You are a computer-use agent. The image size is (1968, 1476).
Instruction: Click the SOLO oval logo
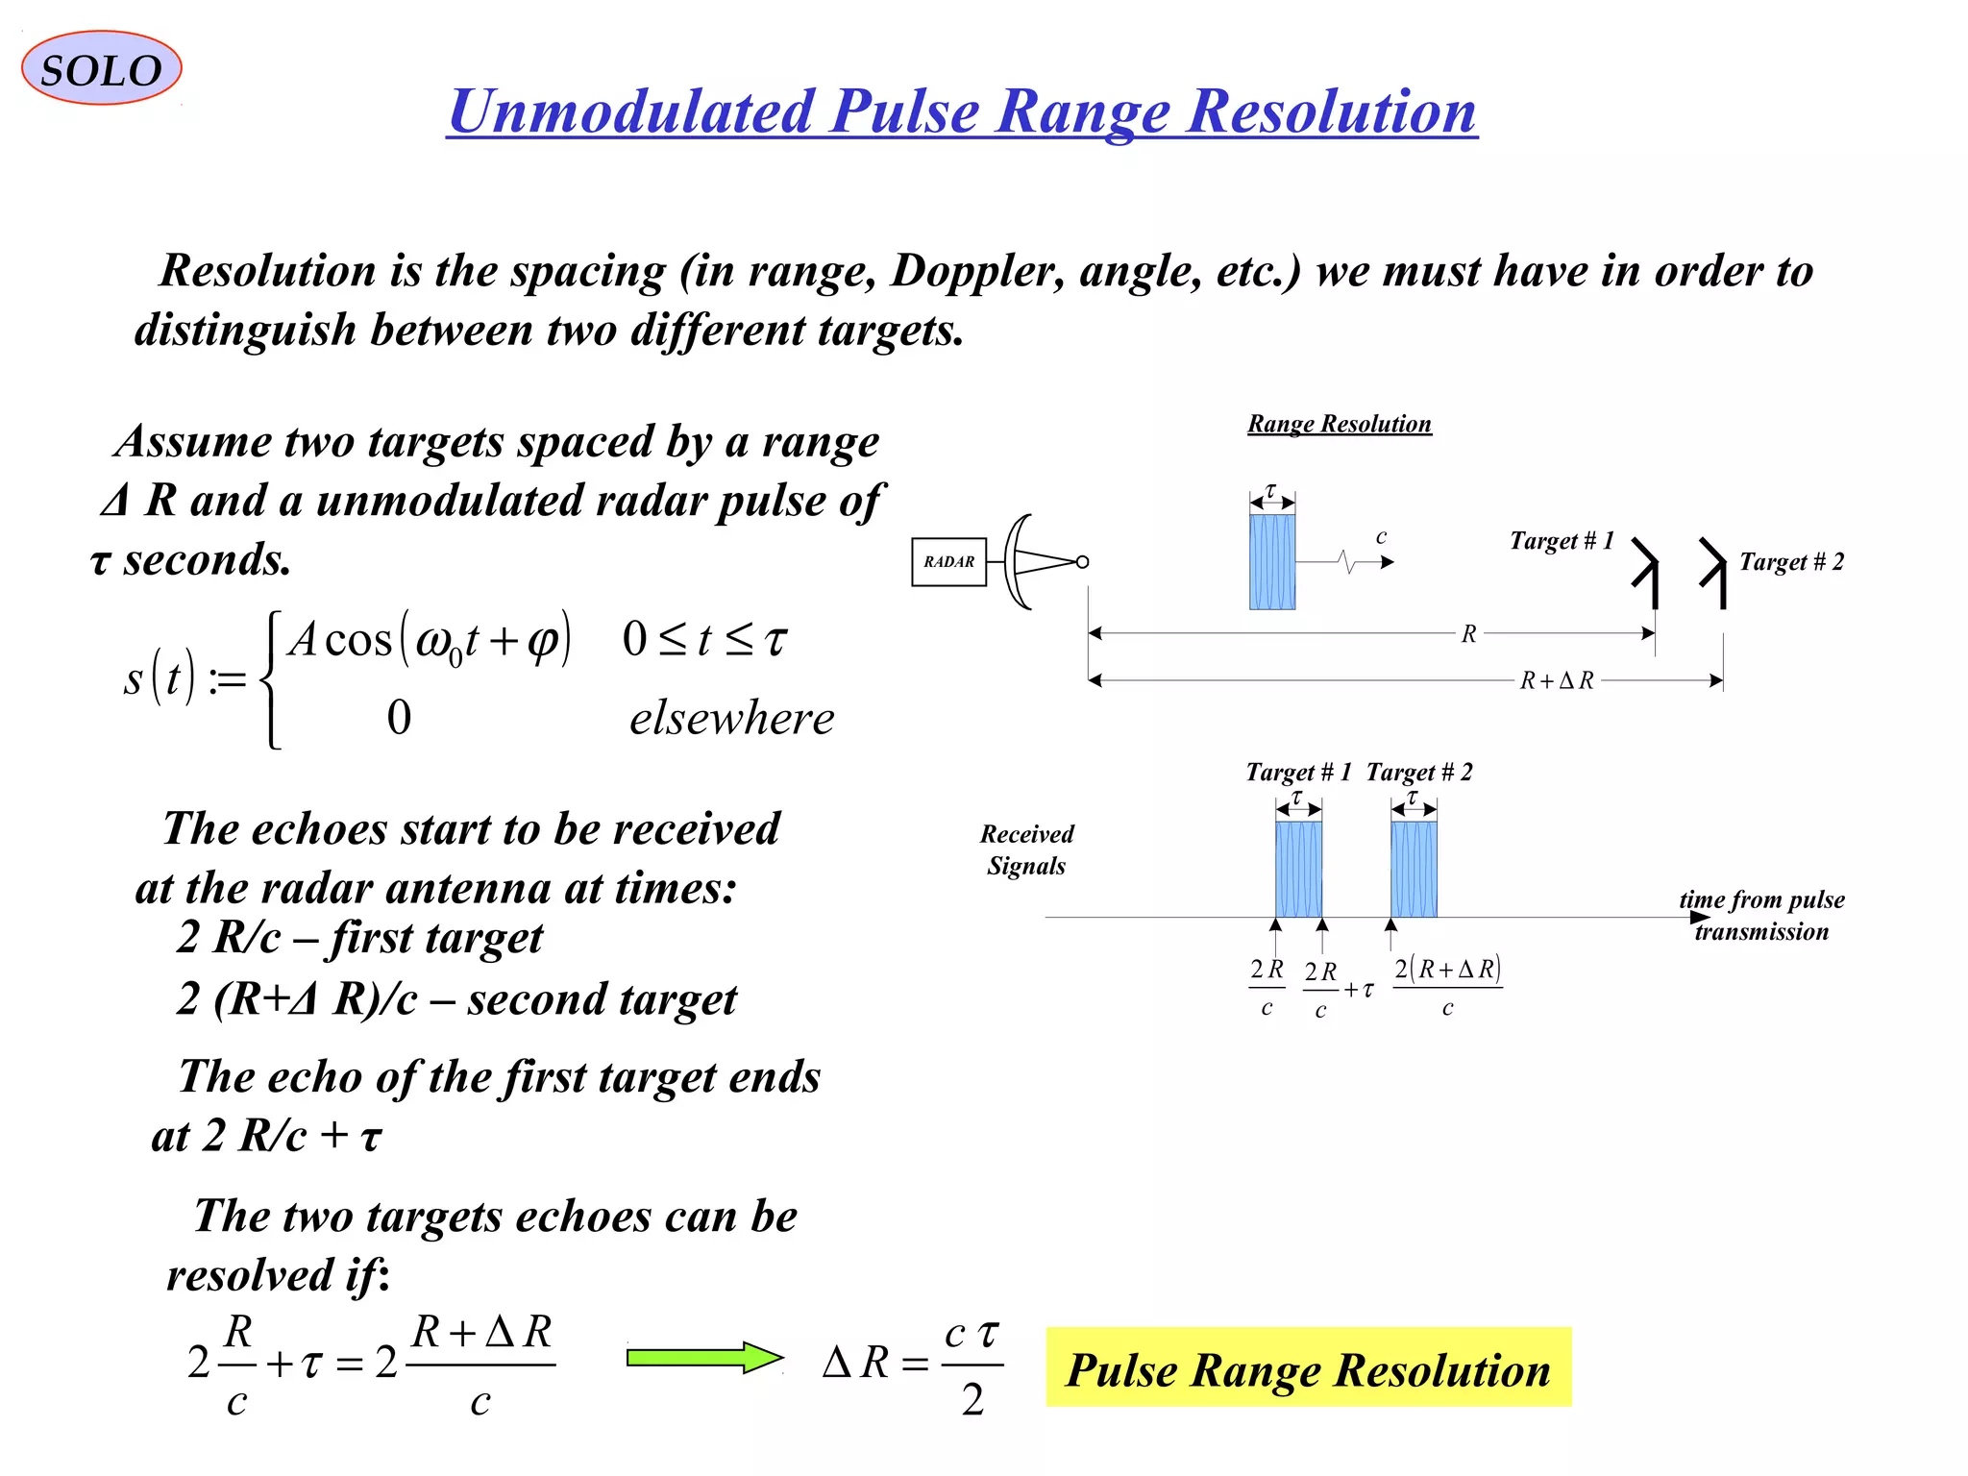pyautogui.click(x=101, y=68)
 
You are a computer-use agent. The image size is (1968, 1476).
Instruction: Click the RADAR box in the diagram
pyautogui.click(x=948, y=561)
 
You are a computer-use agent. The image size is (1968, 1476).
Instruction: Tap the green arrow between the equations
pyautogui.click(x=704, y=1357)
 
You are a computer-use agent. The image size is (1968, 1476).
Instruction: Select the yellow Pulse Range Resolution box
pyautogui.click(x=1308, y=1367)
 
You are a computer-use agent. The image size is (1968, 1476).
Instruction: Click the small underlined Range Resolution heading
pyautogui.click(x=1339, y=424)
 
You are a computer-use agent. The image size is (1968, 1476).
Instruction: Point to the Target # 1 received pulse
pyautogui.click(x=1298, y=869)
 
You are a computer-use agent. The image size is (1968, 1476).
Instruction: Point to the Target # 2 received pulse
pyautogui.click(x=1414, y=869)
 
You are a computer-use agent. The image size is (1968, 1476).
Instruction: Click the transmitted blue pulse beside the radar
pyautogui.click(x=1271, y=561)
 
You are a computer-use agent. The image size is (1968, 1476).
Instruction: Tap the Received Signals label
pyautogui.click(x=1026, y=849)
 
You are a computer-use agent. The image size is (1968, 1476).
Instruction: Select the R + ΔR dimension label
pyautogui.click(x=1556, y=680)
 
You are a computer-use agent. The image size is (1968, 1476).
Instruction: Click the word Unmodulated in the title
pyautogui.click(x=631, y=111)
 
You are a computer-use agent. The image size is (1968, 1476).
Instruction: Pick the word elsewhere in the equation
pyautogui.click(x=731, y=718)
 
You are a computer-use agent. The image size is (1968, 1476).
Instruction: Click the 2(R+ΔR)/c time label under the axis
pyautogui.click(x=1447, y=986)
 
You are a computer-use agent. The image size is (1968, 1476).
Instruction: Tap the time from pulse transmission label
pyautogui.click(x=1761, y=915)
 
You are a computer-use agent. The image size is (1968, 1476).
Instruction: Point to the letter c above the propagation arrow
pyautogui.click(x=1381, y=536)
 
